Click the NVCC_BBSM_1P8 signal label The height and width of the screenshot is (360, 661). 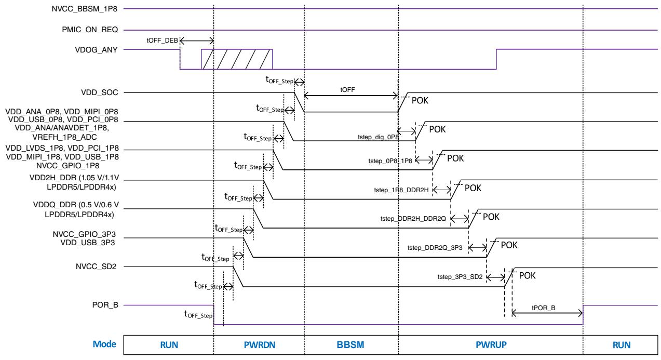(x=85, y=9)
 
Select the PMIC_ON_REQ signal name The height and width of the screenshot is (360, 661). (x=90, y=30)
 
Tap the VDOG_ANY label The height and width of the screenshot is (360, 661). (x=96, y=50)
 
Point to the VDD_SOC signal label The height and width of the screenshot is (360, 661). (x=100, y=92)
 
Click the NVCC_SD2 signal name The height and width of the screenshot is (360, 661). (x=96, y=266)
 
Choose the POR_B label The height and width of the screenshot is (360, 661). (x=105, y=305)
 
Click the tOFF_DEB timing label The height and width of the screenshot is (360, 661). (x=163, y=40)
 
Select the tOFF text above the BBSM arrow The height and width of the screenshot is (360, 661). (x=347, y=89)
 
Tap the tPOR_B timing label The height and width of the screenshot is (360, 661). (x=544, y=308)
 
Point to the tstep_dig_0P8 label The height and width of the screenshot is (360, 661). (x=379, y=137)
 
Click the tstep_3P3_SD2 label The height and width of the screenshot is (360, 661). (x=460, y=277)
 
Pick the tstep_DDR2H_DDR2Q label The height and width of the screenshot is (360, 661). (x=413, y=219)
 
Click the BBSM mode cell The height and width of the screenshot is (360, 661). (x=351, y=344)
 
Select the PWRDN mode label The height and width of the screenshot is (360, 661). (x=260, y=344)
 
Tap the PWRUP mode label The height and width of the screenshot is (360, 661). (x=491, y=344)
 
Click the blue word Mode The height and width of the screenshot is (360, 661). (x=104, y=344)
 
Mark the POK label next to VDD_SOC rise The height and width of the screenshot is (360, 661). (x=420, y=101)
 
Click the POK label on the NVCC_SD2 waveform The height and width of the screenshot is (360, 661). (x=528, y=275)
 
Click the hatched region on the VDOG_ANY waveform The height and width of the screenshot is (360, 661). (x=237, y=59)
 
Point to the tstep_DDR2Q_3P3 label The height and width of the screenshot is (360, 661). (x=435, y=247)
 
